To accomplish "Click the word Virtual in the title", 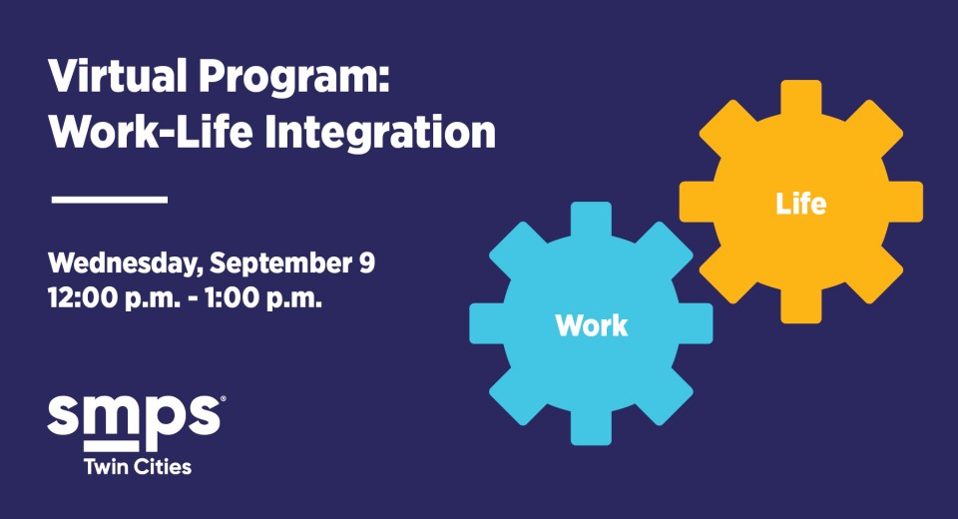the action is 118,76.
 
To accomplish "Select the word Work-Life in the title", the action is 151,132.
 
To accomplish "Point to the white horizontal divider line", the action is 110,200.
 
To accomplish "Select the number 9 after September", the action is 365,262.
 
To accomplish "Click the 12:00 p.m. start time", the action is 114,299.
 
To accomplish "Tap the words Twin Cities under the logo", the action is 138,466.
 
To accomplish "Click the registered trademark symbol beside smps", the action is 223,398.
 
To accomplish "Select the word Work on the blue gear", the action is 592,325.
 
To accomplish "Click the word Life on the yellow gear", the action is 801,204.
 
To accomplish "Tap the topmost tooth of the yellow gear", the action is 801,98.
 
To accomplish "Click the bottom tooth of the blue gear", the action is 591,427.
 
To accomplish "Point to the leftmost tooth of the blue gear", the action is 488,323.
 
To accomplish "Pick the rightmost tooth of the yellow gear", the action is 905,202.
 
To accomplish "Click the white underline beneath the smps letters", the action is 111,446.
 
